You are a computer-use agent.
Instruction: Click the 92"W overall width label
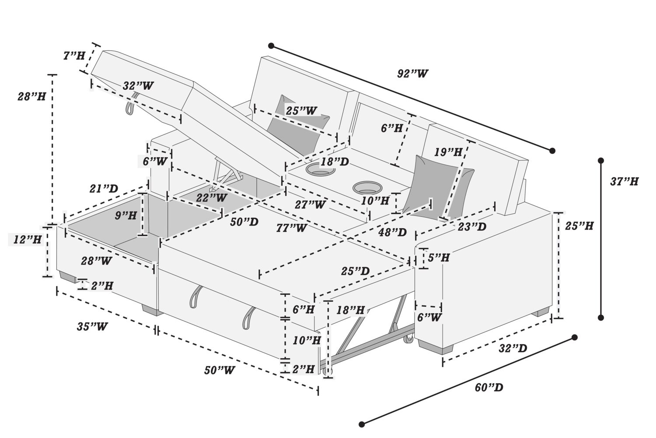(412, 74)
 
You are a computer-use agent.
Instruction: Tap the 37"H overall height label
(624, 181)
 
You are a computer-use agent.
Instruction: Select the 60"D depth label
(489, 388)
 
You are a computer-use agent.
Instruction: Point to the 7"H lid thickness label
(74, 56)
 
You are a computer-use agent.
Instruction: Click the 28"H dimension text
(31, 96)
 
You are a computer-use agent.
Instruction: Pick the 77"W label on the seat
(291, 228)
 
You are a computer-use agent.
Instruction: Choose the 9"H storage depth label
(126, 215)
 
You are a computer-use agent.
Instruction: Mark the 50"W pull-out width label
(219, 371)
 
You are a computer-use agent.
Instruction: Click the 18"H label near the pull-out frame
(350, 310)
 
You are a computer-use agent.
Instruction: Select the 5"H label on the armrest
(439, 258)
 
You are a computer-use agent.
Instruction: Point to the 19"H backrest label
(448, 152)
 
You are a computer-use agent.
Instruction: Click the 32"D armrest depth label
(513, 349)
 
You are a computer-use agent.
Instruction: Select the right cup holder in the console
(366, 188)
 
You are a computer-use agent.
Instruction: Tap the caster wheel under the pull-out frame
(409, 339)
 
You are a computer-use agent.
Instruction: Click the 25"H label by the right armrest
(579, 226)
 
